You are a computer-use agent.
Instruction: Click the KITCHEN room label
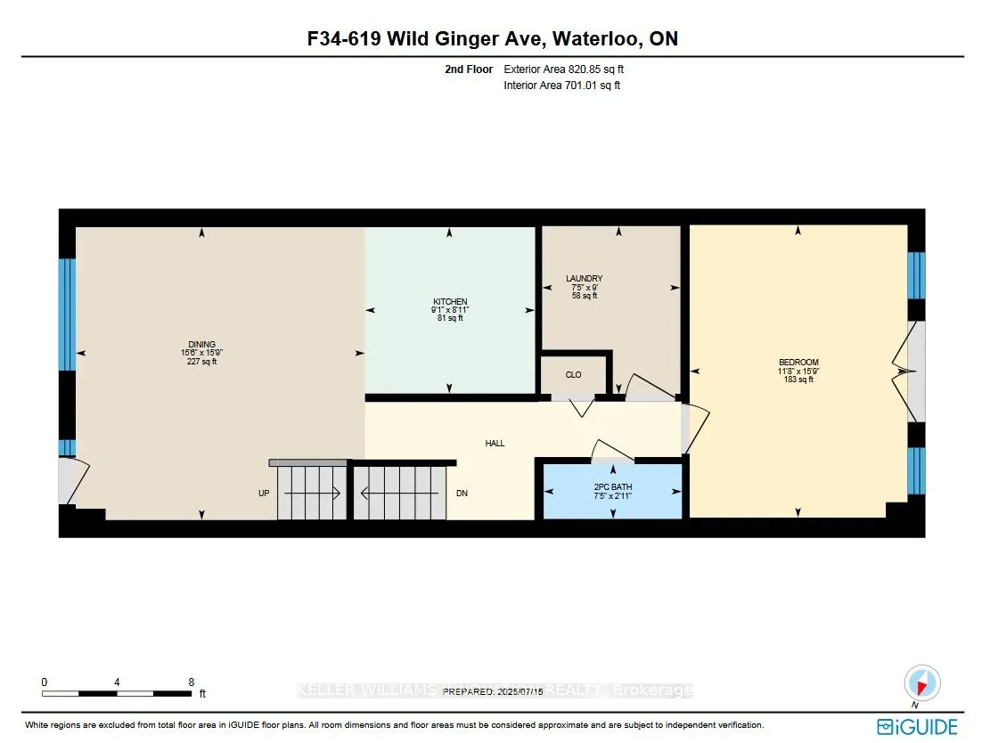[449, 302]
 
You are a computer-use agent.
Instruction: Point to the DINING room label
[201, 345]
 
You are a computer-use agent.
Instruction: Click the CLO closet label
[573, 375]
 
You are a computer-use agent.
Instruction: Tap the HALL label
[495, 443]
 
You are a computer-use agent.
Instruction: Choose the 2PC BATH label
[612, 486]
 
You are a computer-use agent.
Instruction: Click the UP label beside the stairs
[264, 493]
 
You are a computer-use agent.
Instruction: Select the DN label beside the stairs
[462, 493]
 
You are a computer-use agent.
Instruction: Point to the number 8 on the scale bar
[191, 682]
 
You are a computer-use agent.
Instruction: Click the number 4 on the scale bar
[117, 682]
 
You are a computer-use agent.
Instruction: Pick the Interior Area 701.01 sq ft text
[562, 86]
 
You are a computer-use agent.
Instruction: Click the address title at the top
[492, 39]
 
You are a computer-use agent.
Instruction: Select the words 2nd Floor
[470, 69]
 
